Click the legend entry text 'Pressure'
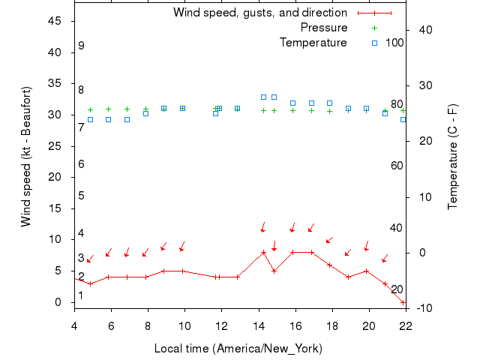(x=324, y=28)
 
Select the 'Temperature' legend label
(x=313, y=43)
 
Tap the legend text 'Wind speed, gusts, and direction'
(x=260, y=13)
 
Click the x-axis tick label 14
(x=258, y=325)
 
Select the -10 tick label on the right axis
(x=422, y=308)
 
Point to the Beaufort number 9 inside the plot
(x=81, y=46)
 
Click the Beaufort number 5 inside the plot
(x=81, y=196)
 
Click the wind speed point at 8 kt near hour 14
(x=263, y=253)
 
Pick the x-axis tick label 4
(x=73, y=325)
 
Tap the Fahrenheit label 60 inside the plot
(x=397, y=166)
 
